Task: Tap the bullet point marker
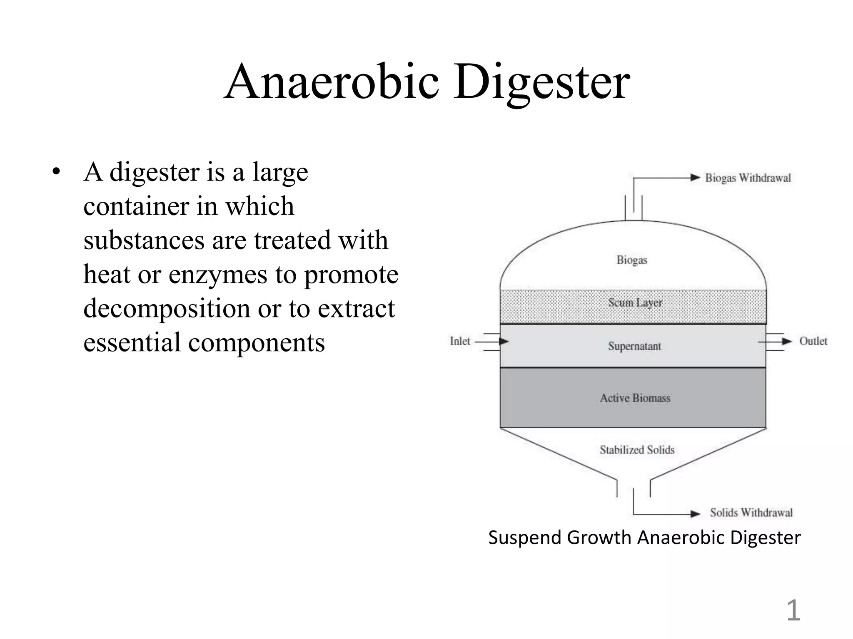57,172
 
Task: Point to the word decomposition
167,309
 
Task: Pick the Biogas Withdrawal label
748,178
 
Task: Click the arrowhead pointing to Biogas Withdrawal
695,178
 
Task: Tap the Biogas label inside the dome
632,260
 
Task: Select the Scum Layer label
635,302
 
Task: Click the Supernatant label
634,346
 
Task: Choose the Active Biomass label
635,398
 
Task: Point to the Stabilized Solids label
637,450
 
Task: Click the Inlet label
460,341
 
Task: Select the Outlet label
813,341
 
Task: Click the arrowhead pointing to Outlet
786,342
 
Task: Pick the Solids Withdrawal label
751,513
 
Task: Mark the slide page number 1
793,611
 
